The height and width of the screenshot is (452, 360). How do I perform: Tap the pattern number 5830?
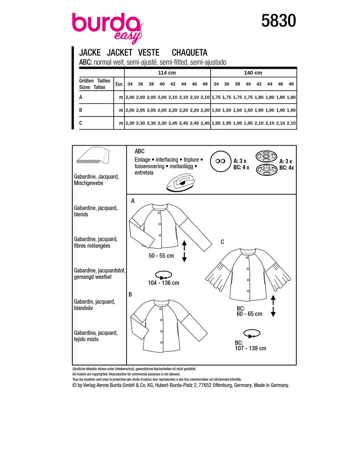278,21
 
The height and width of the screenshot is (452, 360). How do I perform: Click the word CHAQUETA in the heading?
189,53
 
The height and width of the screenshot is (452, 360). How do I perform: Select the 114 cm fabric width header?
167,73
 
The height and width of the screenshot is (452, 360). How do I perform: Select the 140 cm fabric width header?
253,73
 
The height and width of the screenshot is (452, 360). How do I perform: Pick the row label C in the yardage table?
81,123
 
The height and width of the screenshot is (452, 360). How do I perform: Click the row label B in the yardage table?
81,110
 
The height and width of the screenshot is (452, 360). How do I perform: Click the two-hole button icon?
220,161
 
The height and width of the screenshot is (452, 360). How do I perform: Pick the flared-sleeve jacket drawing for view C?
248,273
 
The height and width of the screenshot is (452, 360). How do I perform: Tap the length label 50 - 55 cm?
161,256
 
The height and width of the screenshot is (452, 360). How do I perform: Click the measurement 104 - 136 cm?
163,283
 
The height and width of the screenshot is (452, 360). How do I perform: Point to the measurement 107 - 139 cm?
250,348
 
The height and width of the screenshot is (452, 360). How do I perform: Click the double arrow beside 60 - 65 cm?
273,306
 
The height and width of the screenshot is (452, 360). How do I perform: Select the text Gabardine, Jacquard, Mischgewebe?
96,180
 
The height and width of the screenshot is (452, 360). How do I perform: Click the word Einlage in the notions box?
142,160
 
